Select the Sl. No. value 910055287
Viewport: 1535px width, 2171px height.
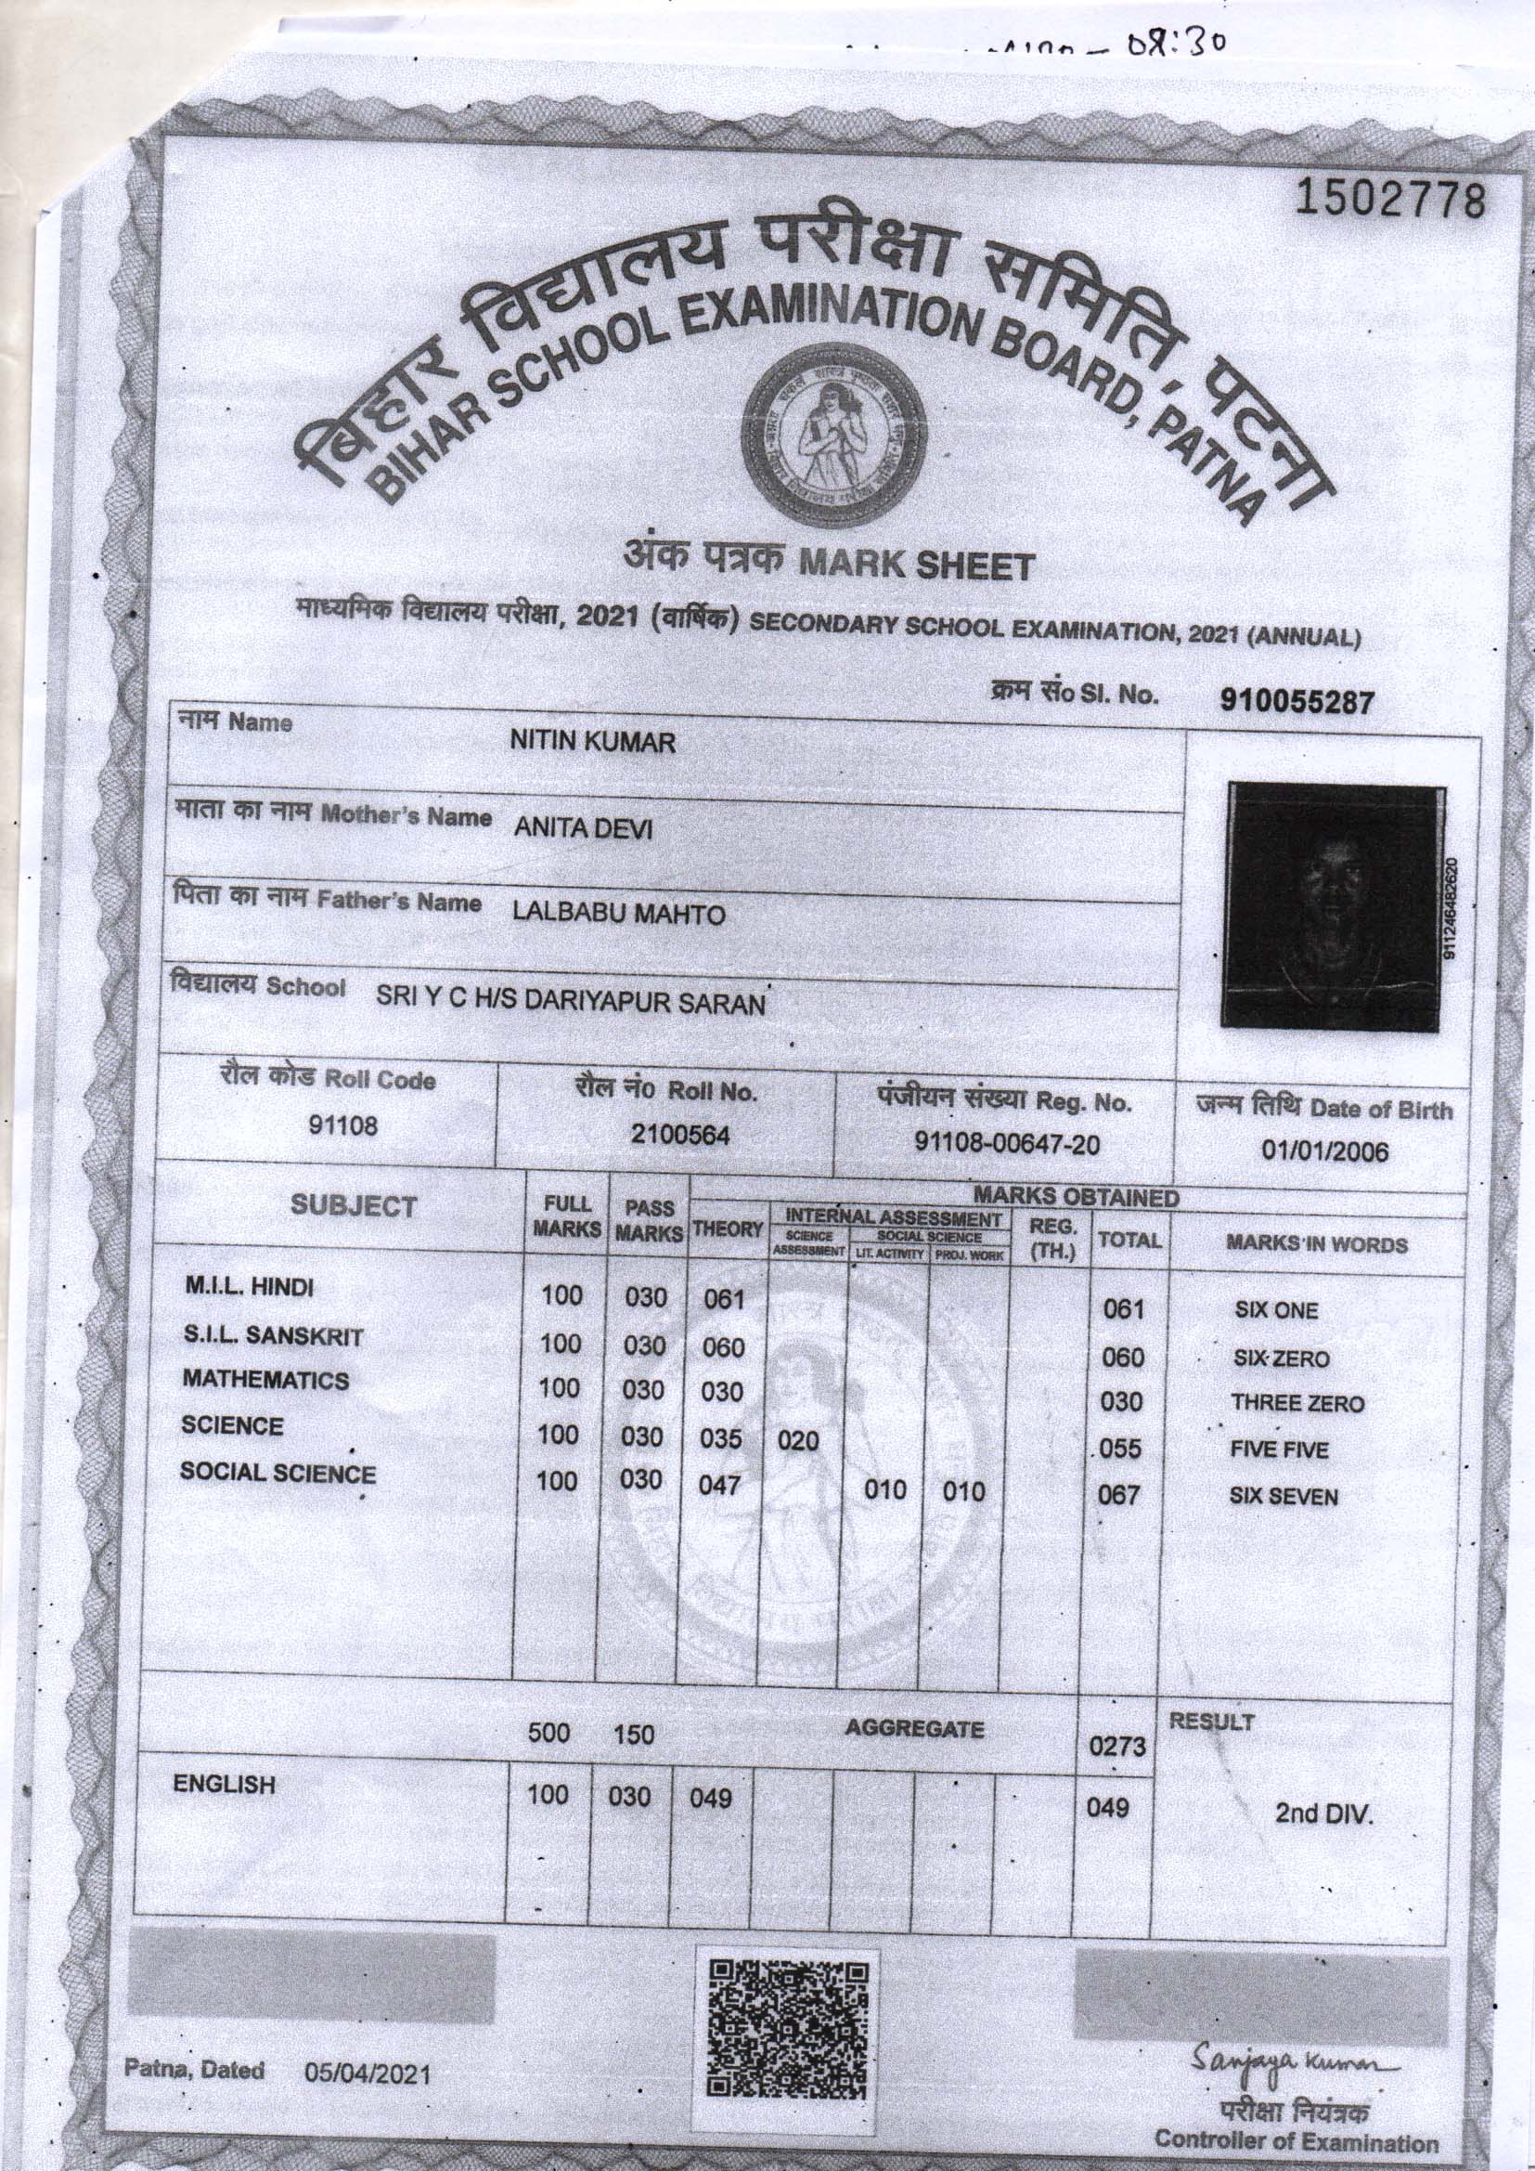[1296, 702]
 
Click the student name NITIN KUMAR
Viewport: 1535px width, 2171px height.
[593, 742]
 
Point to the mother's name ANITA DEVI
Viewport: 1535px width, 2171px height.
[583, 829]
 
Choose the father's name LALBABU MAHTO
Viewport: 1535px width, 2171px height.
[618, 915]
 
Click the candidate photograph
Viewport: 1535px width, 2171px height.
[1333, 905]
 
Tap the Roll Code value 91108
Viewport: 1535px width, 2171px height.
[343, 1125]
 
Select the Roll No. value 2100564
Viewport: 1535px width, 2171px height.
[680, 1136]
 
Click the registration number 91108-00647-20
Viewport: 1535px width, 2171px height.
[1007, 1144]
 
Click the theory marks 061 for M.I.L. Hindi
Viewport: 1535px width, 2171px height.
[725, 1299]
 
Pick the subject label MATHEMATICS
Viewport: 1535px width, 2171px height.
[265, 1381]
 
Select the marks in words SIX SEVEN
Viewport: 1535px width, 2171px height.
[1283, 1497]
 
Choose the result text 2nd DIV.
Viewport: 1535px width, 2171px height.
[1322, 1815]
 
